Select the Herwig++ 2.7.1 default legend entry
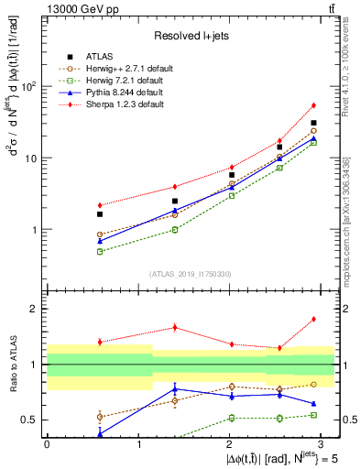pyautogui.click(x=120, y=69)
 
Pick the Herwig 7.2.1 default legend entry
pyautogui.click(x=118, y=81)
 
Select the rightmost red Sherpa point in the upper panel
pyautogui.click(x=313, y=105)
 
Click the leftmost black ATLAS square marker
pyautogui.click(x=100, y=214)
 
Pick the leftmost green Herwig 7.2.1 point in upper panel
pyautogui.click(x=100, y=251)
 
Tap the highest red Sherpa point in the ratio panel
pyautogui.click(x=313, y=319)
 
